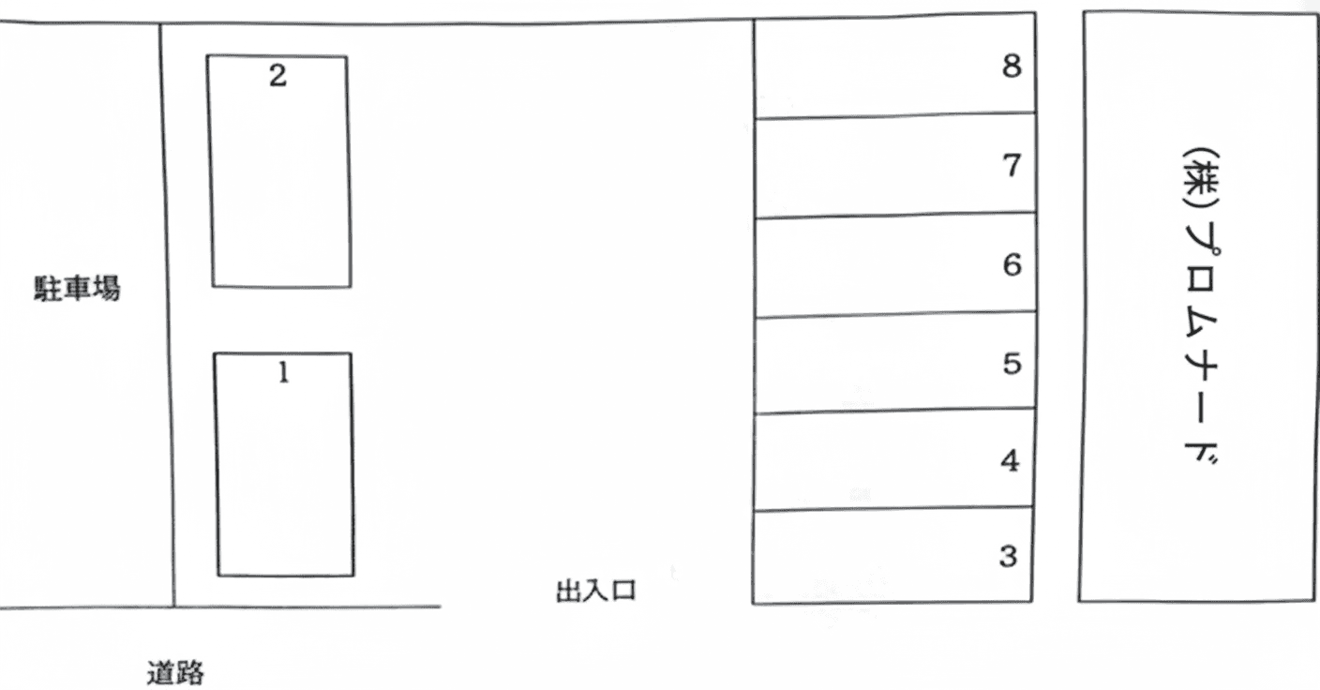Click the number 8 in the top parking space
point(1011,67)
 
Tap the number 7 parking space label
point(1011,166)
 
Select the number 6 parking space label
point(1011,265)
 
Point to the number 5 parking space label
point(1011,364)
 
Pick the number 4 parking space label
point(1010,461)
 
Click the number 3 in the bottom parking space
point(1009,557)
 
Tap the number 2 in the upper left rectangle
point(277,76)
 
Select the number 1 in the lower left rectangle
point(283,373)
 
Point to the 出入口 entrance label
point(596,592)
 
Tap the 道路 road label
point(175,673)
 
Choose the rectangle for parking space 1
point(285,478)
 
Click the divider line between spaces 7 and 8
point(895,116)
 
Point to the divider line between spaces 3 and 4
point(895,509)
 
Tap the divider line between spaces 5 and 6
point(895,316)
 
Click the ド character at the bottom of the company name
point(1196,455)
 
